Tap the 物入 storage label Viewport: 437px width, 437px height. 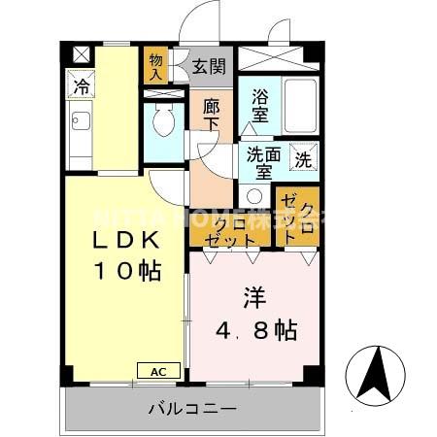(155, 66)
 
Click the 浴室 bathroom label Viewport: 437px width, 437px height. (260, 105)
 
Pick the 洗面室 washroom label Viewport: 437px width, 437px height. (262, 161)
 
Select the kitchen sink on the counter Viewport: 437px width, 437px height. (80, 124)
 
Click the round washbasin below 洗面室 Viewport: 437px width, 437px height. (254, 194)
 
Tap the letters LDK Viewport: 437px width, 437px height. (120, 241)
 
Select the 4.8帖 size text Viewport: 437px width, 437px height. (254, 330)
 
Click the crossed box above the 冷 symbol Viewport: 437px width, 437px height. (79, 53)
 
